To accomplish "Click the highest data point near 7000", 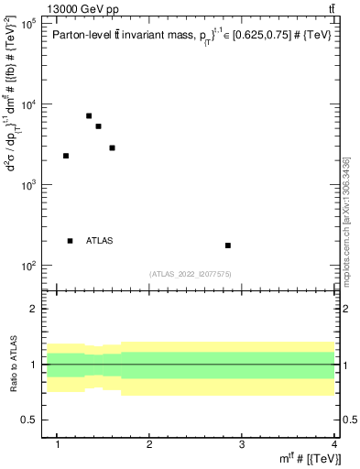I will (89, 115).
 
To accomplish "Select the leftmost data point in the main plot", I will (66, 156).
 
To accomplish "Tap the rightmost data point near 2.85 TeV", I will (228, 245).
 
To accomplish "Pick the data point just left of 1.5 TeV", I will (98, 126).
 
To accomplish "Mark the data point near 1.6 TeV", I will (112, 147).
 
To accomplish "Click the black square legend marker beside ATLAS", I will (71, 241).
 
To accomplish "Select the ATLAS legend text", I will (100, 241).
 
